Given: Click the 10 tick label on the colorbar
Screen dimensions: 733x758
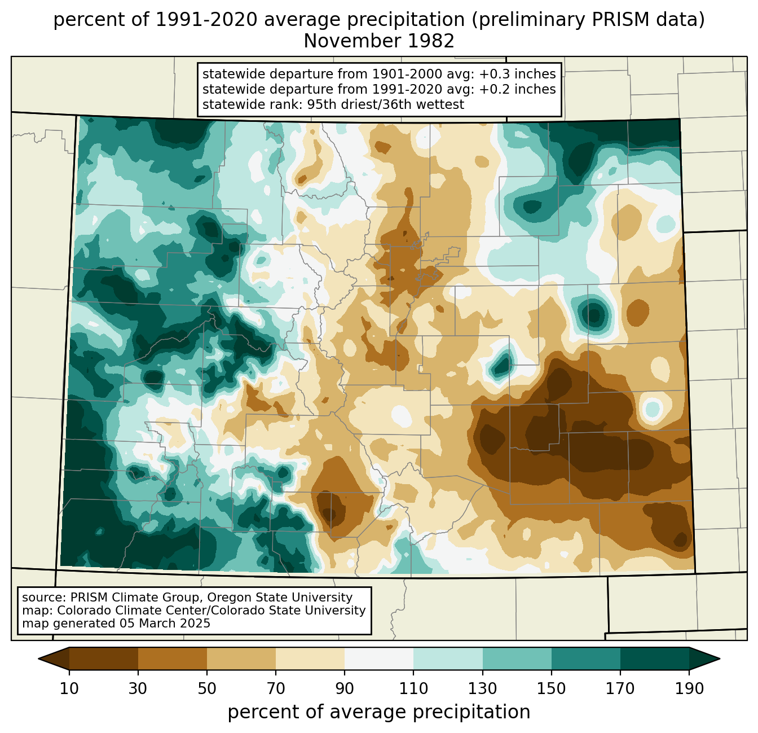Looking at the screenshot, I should point(69,688).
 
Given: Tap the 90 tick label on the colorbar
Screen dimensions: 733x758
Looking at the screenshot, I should point(345,688).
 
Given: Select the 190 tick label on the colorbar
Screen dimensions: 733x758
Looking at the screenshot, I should point(689,688).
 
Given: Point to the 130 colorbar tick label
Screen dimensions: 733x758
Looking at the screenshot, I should point(483,688).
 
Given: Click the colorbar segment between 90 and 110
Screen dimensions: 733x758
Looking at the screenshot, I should point(379,659).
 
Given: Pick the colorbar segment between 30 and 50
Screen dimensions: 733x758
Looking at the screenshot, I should point(173,659).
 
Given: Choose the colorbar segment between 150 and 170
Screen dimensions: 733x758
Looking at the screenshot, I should point(586,659).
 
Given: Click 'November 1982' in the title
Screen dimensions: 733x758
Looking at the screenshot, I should point(379,41).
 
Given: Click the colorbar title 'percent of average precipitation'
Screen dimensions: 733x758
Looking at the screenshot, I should point(379,712).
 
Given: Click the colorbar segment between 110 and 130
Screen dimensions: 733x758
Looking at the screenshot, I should point(448,659).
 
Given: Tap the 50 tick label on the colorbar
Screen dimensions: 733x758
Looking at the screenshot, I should point(207,688).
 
